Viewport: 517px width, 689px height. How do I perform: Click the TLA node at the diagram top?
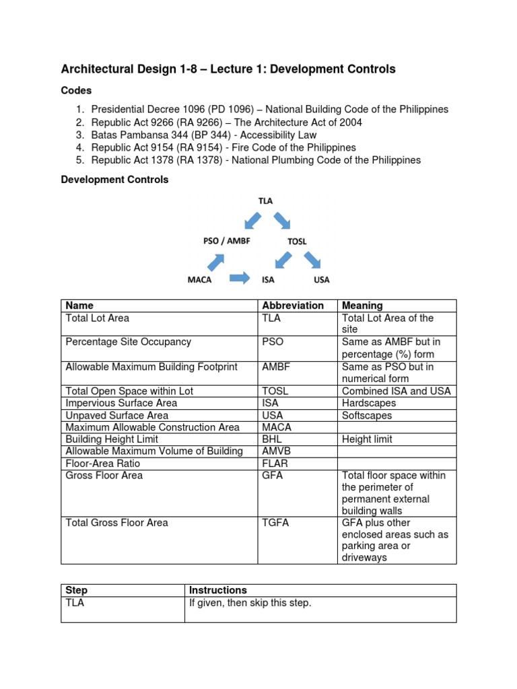265,201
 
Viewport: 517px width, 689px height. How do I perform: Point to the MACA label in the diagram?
199,279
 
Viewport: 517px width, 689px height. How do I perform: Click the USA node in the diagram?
321,279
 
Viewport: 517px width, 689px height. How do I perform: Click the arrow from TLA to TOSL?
282,220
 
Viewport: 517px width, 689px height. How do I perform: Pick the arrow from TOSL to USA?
312,260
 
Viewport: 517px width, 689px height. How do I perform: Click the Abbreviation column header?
293,305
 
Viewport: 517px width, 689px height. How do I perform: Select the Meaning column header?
362,305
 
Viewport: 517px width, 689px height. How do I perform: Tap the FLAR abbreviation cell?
275,464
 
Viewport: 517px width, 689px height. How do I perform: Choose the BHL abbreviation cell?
273,439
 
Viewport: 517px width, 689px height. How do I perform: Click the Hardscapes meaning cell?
369,403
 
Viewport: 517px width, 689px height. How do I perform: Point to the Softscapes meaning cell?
367,415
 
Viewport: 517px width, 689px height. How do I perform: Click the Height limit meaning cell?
367,439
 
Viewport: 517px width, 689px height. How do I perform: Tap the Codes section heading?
76,90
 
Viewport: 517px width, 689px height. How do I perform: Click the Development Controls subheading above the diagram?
114,180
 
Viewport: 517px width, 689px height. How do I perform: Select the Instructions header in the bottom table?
218,590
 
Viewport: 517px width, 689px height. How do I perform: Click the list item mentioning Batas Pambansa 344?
195,135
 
